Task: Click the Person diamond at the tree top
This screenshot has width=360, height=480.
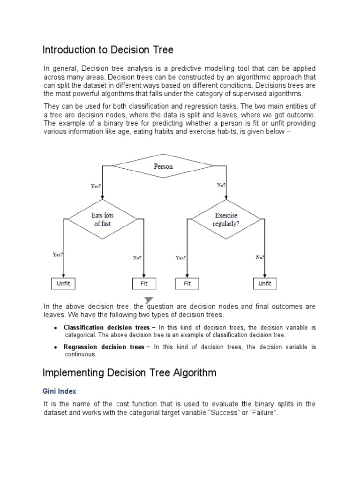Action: (163, 166)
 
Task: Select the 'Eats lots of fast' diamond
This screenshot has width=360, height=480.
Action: (103, 219)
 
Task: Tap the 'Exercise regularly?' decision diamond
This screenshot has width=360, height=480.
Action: (226, 219)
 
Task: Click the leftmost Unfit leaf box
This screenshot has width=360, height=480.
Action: (63, 284)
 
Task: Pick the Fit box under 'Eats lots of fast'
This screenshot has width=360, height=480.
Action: (144, 284)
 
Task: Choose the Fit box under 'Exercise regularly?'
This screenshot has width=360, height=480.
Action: (187, 284)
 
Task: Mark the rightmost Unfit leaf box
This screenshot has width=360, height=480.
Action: (265, 284)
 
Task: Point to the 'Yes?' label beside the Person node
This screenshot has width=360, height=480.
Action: (96, 186)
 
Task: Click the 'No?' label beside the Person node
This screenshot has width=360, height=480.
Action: (221, 185)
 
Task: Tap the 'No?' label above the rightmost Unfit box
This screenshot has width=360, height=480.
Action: (260, 257)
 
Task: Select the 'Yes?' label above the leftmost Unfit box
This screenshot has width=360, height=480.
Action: (58, 255)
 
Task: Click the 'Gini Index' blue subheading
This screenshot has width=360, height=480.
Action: (60, 390)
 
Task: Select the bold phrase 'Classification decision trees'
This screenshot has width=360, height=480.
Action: (106, 327)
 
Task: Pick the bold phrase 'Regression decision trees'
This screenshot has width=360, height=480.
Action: (104, 347)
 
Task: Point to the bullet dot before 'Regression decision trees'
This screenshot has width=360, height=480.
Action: (56, 347)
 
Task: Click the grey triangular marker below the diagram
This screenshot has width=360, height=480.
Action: (149, 300)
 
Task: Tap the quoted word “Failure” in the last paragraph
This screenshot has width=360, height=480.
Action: (257, 413)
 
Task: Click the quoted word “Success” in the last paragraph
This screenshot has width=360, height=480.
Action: (217, 413)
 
